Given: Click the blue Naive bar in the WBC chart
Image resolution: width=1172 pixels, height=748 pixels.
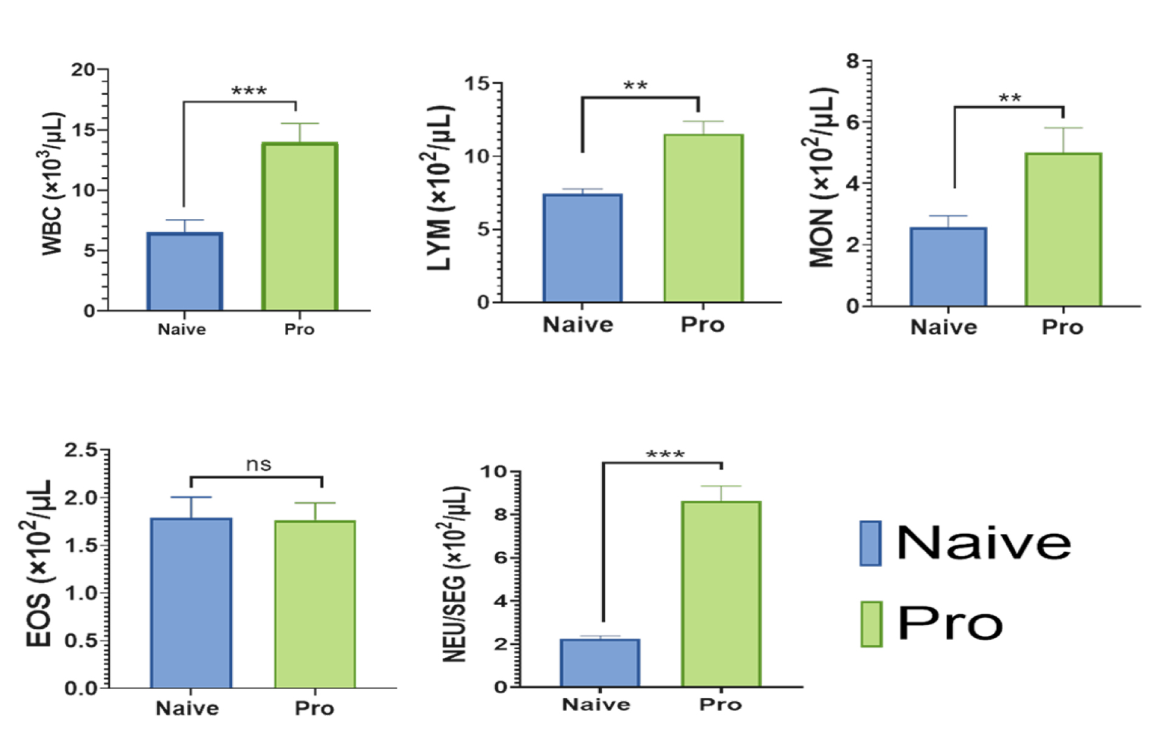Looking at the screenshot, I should pyautogui.click(x=185, y=271).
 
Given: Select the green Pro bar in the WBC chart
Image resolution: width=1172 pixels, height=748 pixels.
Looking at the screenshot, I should pyautogui.click(x=300, y=226).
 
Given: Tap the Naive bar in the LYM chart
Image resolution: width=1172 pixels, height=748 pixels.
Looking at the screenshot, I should pyautogui.click(x=582, y=248).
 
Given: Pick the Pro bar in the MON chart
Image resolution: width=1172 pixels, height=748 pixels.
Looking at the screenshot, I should pyautogui.click(x=1063, y=229).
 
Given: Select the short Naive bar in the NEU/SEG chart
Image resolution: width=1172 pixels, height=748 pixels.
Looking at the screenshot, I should pyautogui.click(x=600, y=663).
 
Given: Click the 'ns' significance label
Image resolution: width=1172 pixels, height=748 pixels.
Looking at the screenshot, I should pyautogui.click(x=258, y=465).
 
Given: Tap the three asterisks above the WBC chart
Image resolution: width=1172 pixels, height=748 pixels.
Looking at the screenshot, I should pyautogui.click(x=249, y=92).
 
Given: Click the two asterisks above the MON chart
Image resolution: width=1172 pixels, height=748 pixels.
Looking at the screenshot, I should pyautogui.click(x=1010, y=99).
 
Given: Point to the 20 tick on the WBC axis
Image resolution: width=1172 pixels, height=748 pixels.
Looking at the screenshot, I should pyautogui.click(x=83, y=70).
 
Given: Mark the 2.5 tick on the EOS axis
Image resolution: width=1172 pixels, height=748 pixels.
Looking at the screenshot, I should pyautogui.click(x=81, y=451).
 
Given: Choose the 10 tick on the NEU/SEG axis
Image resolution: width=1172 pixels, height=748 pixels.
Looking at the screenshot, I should pyautogui.click(x=493, y=472).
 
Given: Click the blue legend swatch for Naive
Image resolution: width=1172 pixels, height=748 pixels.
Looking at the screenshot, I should pyautogui.click(x=870, y=543).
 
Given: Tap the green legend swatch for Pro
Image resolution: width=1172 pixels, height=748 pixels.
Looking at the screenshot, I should pyautogui.click(x=871, y=624).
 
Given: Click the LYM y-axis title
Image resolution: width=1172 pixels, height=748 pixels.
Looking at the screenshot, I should pyautogui.click(x=439, y=189).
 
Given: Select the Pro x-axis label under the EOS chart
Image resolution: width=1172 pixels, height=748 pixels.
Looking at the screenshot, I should pyautogui.click(x=314, y=708).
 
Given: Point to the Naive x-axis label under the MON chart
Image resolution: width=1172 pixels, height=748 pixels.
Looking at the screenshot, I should pyautogui.click(x=943, y=328).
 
